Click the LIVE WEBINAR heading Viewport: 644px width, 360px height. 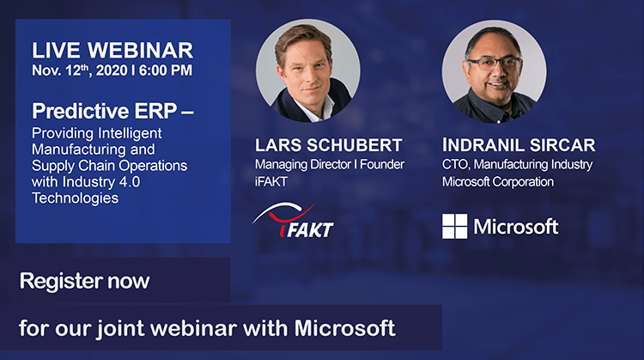(x=112, y=51)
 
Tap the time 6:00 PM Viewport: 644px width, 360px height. (x=166, y=70)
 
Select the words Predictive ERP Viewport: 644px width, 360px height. (x=104, y=111)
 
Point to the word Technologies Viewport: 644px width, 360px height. (x=76, y=198)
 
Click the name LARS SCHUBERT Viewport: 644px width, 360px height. (x=328, y=145)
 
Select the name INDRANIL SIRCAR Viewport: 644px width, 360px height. (x=519, y=145)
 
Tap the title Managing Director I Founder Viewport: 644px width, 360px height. (x=330, y=164)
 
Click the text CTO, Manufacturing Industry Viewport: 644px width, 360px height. (x=517, y=165)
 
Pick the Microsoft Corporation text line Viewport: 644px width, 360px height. (x=498, y=181)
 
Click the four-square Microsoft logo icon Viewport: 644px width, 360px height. (x=454, y=227)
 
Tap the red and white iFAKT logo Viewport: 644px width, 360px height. (x=293, y=220)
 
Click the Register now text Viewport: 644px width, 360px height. (x=85, y=281)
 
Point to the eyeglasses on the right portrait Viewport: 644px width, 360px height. (x=493, y=64)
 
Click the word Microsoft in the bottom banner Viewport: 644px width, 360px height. (x=344, y=328)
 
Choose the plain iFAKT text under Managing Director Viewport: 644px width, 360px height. (x=271, y=181)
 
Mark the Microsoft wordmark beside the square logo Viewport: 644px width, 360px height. (x=516, y=227)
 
